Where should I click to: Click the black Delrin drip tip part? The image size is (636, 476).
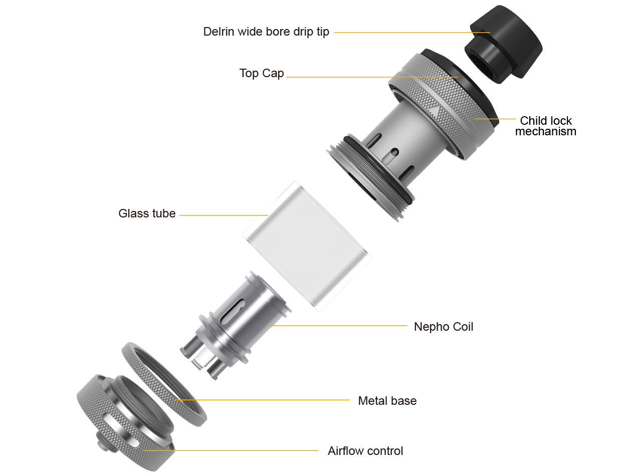(504, 45)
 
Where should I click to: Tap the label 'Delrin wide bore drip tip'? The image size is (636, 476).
(266, 32)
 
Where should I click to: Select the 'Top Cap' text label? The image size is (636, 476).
(261, 73)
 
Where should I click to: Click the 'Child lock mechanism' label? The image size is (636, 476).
(546, 126)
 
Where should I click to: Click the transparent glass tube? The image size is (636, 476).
(307, 246)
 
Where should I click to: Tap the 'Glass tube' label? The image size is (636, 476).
(147, 213)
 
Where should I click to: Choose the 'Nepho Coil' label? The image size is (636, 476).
(444, 327)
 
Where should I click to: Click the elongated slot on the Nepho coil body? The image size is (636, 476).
(233, 311)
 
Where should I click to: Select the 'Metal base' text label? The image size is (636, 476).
(387, 401)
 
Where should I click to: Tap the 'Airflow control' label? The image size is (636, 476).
(365, 451)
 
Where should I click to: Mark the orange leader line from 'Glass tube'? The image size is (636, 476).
(224, 215)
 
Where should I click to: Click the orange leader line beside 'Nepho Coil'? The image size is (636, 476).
(338, 326)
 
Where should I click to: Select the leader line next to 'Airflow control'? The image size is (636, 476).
(231, 450)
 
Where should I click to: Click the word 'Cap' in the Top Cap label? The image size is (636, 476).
(273, 74)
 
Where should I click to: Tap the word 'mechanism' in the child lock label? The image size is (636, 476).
(546, 131)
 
